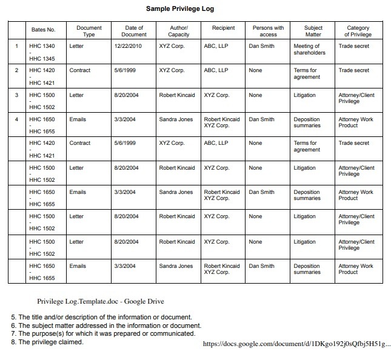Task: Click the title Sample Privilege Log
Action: [180, 9]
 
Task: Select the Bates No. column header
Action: [43, 29]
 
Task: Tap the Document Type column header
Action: [89, 31]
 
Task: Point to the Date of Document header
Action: [135, 31]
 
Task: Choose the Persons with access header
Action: [268, 31]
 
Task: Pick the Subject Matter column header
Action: [313, 31]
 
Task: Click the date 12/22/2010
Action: [129, 46]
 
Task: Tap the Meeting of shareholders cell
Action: [309, 49]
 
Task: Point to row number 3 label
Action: [17, 95]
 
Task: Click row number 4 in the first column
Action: [17, 119]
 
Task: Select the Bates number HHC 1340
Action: [42, 46]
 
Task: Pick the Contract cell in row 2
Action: [80, 70]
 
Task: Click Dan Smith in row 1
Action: [261, 46]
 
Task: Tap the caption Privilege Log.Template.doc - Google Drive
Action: [101, 301]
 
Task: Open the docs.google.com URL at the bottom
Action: [297, 344]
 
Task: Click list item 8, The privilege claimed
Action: [47, 342]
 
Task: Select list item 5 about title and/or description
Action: [102, 317]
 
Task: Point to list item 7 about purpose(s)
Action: [103, 333]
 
